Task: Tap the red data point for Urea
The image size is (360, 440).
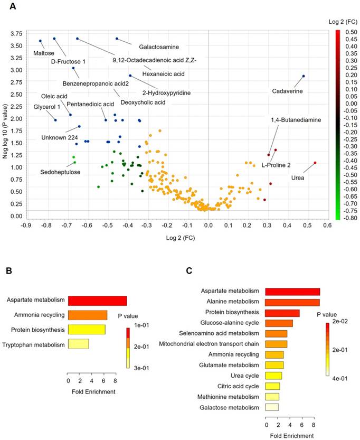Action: (315, 163)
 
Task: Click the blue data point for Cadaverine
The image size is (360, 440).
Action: (304, 76)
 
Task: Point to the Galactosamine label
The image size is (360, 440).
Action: (155, 47)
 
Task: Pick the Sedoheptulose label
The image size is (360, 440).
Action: (61, 172)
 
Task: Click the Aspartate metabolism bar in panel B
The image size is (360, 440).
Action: (97, 301)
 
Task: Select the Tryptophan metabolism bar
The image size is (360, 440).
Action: (78, 345)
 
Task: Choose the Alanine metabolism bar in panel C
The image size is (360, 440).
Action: (292, 302)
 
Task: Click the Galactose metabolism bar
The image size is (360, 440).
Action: (271, 407)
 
